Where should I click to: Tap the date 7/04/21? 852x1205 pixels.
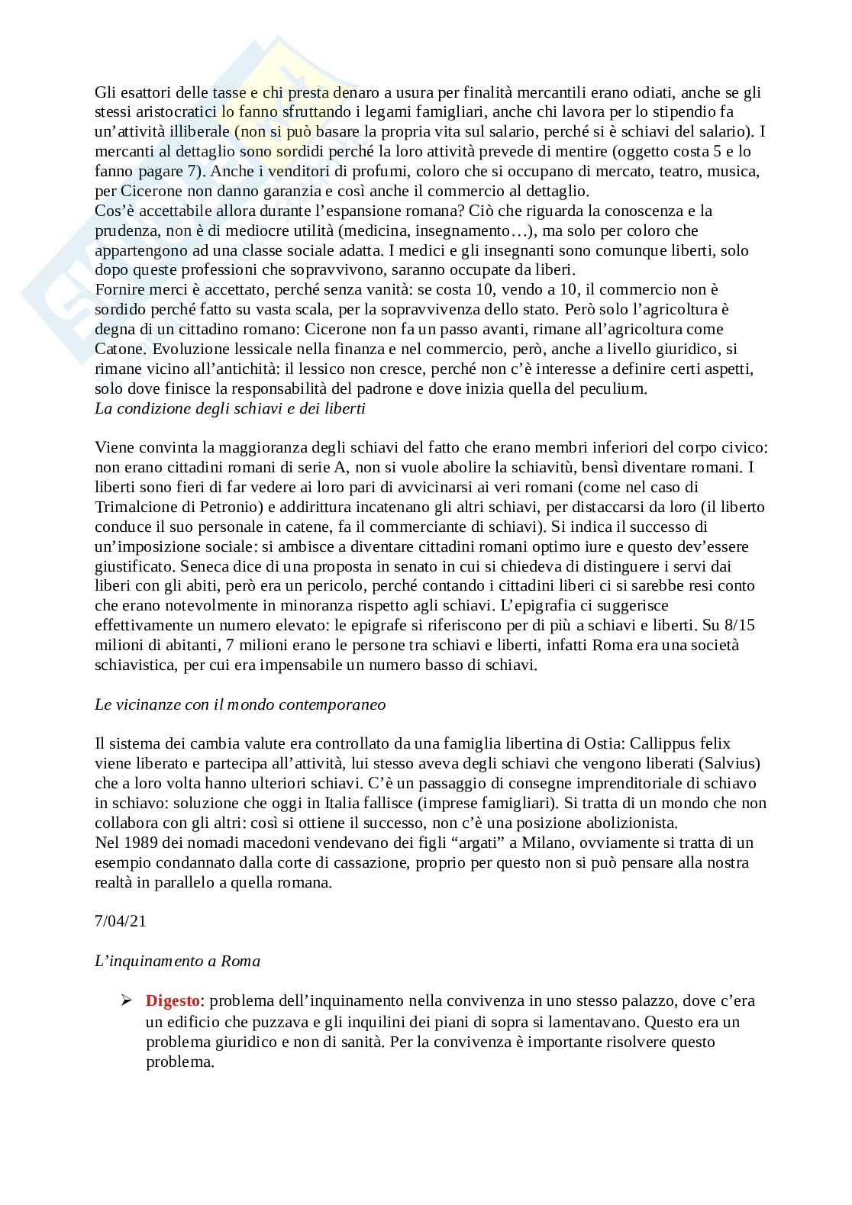[x=120, y=921]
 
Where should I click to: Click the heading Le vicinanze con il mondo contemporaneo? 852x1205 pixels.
[x=240, y=704]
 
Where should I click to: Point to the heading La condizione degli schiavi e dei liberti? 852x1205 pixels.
[x=230, y=408]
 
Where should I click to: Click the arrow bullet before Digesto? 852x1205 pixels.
[x=127, y=1000]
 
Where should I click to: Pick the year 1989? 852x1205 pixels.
[x=146, y=843]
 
